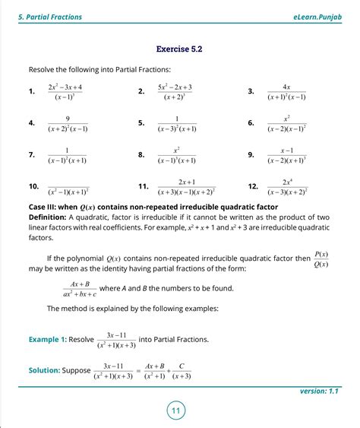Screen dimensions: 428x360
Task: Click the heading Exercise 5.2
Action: (x=179, y=49)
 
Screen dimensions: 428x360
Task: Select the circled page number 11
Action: (x=175, y=411)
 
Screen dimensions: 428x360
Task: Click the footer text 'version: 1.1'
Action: (x=321, y=391)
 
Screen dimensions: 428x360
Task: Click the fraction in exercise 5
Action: (x=175, y=123)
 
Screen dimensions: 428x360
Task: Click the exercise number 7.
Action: (x=32, y=155)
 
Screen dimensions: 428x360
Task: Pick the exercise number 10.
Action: (x=33, y=187)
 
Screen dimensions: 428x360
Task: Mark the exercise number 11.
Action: (x=143, y=187)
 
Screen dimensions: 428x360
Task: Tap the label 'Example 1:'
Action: (x=47, y=339)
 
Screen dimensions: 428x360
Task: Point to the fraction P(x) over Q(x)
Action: (x=321, y=259)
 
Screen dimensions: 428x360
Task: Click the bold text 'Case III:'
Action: (x=44, y=207)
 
